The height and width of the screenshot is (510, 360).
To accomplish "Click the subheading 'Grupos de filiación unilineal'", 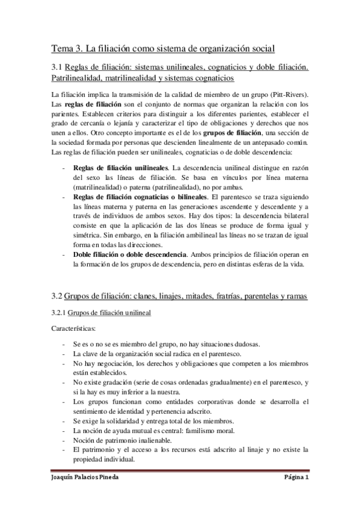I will point(109,313).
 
